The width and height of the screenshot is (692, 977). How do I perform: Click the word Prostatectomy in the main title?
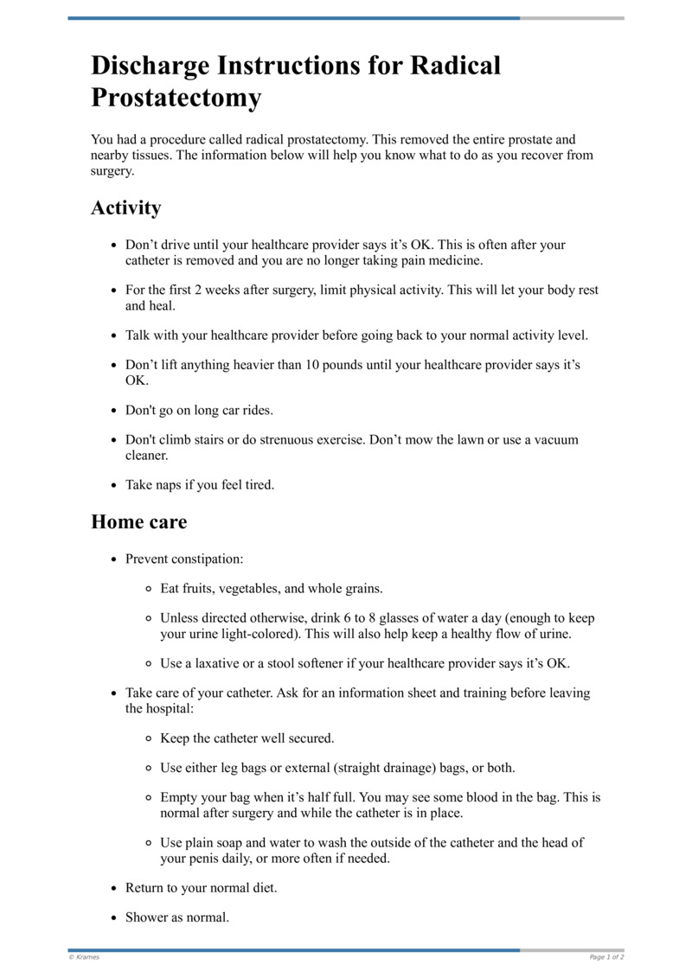[x=176, y=98]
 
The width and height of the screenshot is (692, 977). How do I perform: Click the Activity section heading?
[x=125, y=208]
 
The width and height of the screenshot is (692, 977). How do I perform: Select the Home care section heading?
[x=138, y=522]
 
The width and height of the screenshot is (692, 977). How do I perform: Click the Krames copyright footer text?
[x=85, y=957]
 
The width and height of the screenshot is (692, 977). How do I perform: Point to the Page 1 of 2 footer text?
[x=606, y=957]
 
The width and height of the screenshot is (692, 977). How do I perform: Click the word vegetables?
[x=249, y=589]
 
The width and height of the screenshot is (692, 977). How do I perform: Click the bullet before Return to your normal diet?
[x=113, y=888]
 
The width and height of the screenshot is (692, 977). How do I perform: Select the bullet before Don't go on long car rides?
[x=113, y=411]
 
